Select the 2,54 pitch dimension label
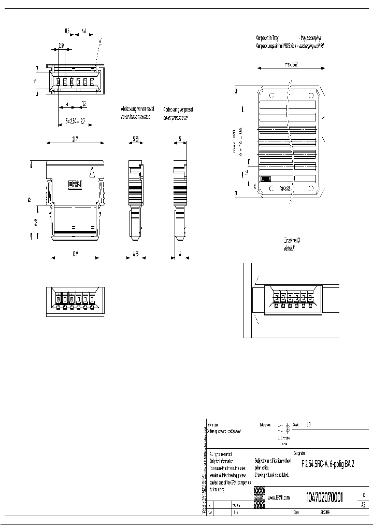pos(61,46)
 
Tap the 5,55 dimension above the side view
pos(135,139)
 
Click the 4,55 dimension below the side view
pos(135,255)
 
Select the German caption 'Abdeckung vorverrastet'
pos(137,109)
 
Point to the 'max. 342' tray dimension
pos(291,65)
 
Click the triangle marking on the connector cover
pos(92,172)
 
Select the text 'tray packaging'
pos(309,38)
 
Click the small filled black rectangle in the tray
pos(265,178)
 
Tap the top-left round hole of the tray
pos(270,95)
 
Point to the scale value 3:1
pos(309,424)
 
